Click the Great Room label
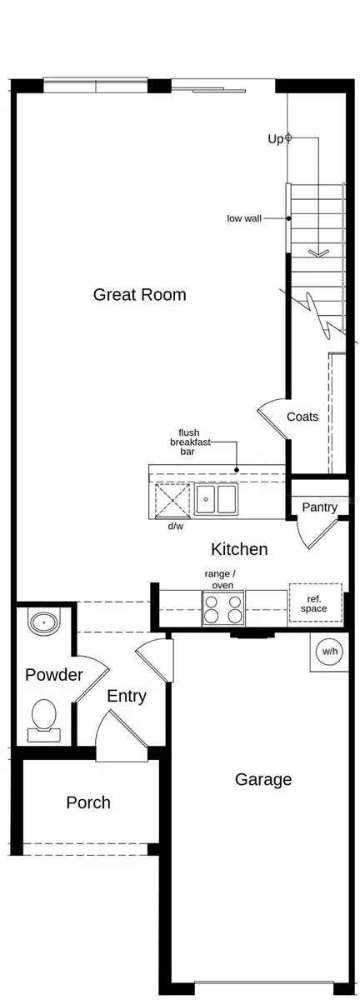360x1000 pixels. point(139,294)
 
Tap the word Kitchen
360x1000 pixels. point(239,549)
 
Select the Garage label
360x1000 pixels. point(263,779)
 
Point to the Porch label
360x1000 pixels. point(88,802)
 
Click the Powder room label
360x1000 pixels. point(53,674)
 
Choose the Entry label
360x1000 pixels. point(127,696)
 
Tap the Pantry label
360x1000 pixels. point(319,507)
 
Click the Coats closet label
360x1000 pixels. point(302,417)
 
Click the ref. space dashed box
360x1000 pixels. point(315,603)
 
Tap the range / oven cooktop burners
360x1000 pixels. point(223,608)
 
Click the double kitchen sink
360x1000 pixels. point(217,499)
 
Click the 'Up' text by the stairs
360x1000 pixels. point(275,139)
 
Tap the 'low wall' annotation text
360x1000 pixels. point(244,218)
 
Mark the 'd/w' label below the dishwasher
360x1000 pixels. point(176,527)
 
